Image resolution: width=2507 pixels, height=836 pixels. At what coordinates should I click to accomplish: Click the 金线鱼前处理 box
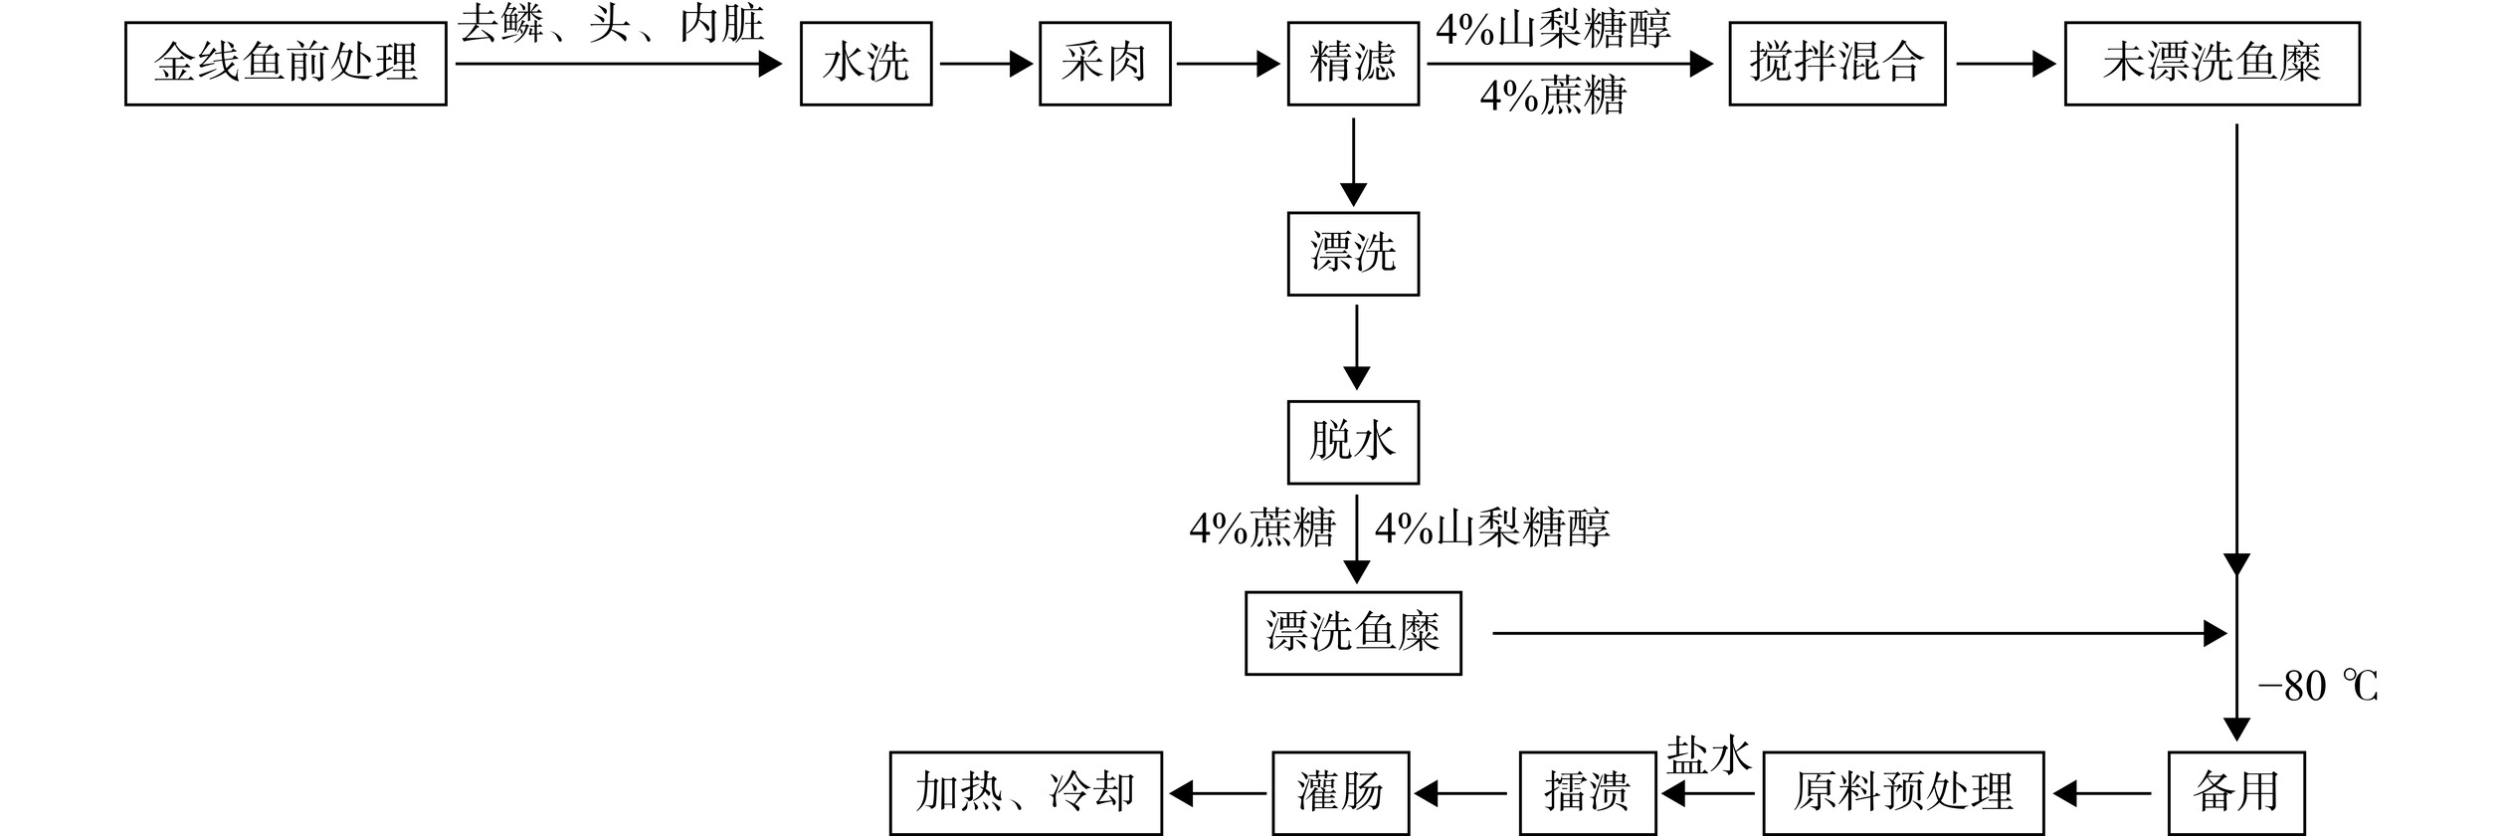(x=286, y=64)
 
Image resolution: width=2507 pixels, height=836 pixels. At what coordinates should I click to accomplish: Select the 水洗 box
(x=866, y=64)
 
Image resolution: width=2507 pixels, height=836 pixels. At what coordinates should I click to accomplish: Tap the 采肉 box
(x=1104, y=64)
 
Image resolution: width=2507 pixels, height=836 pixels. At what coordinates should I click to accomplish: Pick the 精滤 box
(x=1353, y=64)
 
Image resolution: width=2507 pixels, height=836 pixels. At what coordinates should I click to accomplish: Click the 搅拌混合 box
(x=1836, y=64)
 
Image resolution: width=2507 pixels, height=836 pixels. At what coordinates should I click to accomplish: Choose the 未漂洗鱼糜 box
(x=2212, y=64)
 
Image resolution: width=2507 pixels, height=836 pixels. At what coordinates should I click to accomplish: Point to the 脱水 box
(x=1353, y=442)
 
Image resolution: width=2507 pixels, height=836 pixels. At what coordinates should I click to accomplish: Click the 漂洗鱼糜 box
(x=1353, y=633)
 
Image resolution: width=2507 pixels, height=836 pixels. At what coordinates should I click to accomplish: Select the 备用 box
(x=2235, y=793)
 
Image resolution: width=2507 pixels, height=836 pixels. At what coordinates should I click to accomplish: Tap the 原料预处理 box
(x=1903, y=793)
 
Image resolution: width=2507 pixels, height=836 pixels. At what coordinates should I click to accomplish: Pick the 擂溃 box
(x=1587, y=793)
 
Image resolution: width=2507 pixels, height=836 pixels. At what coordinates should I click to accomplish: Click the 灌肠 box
(x=1340, y=793)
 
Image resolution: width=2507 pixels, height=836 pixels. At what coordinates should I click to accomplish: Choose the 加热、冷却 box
(x=1026, y=793)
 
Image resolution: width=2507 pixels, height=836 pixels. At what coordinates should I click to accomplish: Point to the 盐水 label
(x=1708, y=756)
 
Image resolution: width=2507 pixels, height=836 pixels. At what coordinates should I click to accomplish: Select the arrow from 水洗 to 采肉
(x=985, y=65)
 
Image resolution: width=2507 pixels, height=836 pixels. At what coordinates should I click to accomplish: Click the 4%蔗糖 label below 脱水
(x=1261, y=528)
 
